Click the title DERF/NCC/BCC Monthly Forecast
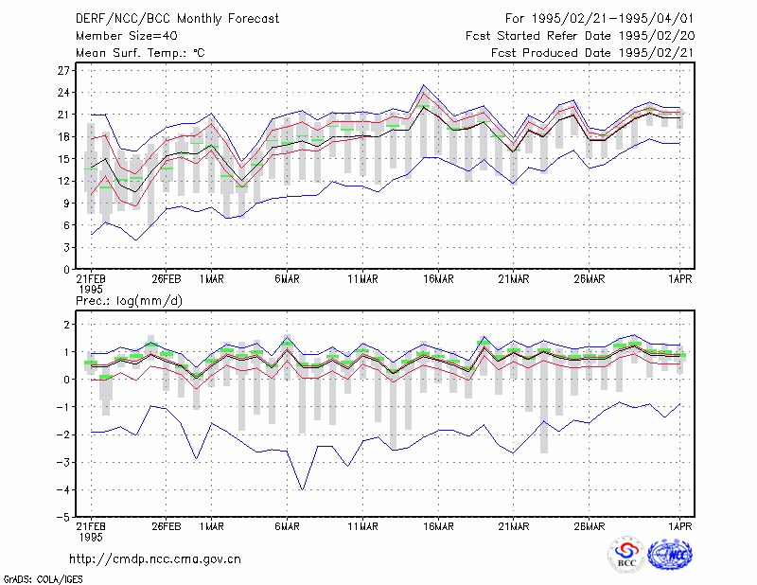click(x=177, y=19)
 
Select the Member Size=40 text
click(x=127, y=36)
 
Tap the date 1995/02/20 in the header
click(x=657, y=36)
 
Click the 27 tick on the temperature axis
click(x=63, y=71)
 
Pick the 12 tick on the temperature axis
click(x=63, y=181)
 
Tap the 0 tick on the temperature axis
click(x=66, y=270)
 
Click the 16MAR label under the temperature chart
click(x=438, y=279)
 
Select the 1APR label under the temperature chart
click(x=679, y=279)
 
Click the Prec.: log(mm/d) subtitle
click(x=129, y=301)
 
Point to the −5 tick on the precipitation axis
click(x=63, y=518)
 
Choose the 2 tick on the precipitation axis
click(x=66, y=325)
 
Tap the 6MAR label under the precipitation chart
click(x=287, y=526)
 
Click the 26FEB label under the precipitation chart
click(x=167, y=526)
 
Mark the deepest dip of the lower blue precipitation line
click(x=302, y=489)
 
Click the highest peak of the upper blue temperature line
click(x=423, y=85)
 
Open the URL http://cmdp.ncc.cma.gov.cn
click(x=155, y=559)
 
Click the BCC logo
click(x=626, y=555)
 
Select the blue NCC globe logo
click(x=670, y=555)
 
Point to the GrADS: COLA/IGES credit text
click(x=43, y=579)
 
